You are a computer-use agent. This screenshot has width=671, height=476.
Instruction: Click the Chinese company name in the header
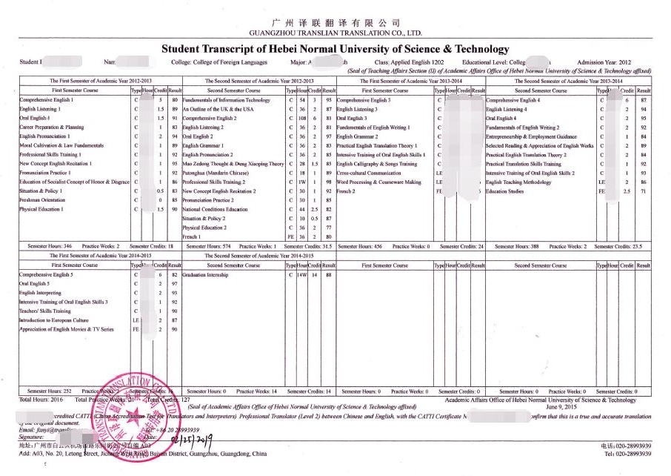(336, 23)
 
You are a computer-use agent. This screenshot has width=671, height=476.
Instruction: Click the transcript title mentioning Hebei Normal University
(335, 49)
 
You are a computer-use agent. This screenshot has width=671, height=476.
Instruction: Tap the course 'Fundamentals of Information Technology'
(227, 99)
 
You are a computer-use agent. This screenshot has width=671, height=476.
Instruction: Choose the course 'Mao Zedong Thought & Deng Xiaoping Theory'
(233, 164)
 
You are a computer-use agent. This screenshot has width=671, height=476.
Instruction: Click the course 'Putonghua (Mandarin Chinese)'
(216, 173)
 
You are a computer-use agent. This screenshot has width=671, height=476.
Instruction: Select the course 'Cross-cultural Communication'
(368, 173)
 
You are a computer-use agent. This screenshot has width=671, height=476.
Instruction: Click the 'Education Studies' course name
(505, 191)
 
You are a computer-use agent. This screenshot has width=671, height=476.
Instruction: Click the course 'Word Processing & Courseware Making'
(378, 182)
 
